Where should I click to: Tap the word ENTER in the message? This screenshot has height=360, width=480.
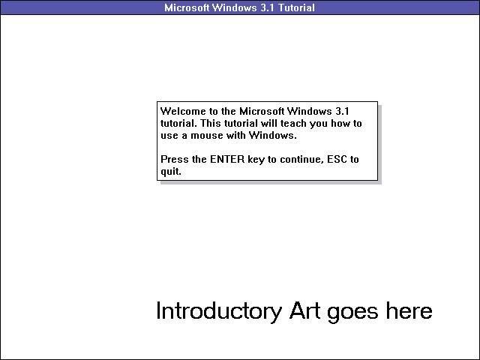click(229, 160)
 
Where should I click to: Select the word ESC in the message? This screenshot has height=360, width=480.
click(340, 160)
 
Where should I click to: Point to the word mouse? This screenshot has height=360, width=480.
click(211, 136)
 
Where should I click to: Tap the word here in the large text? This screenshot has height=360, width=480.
click(410, 310)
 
